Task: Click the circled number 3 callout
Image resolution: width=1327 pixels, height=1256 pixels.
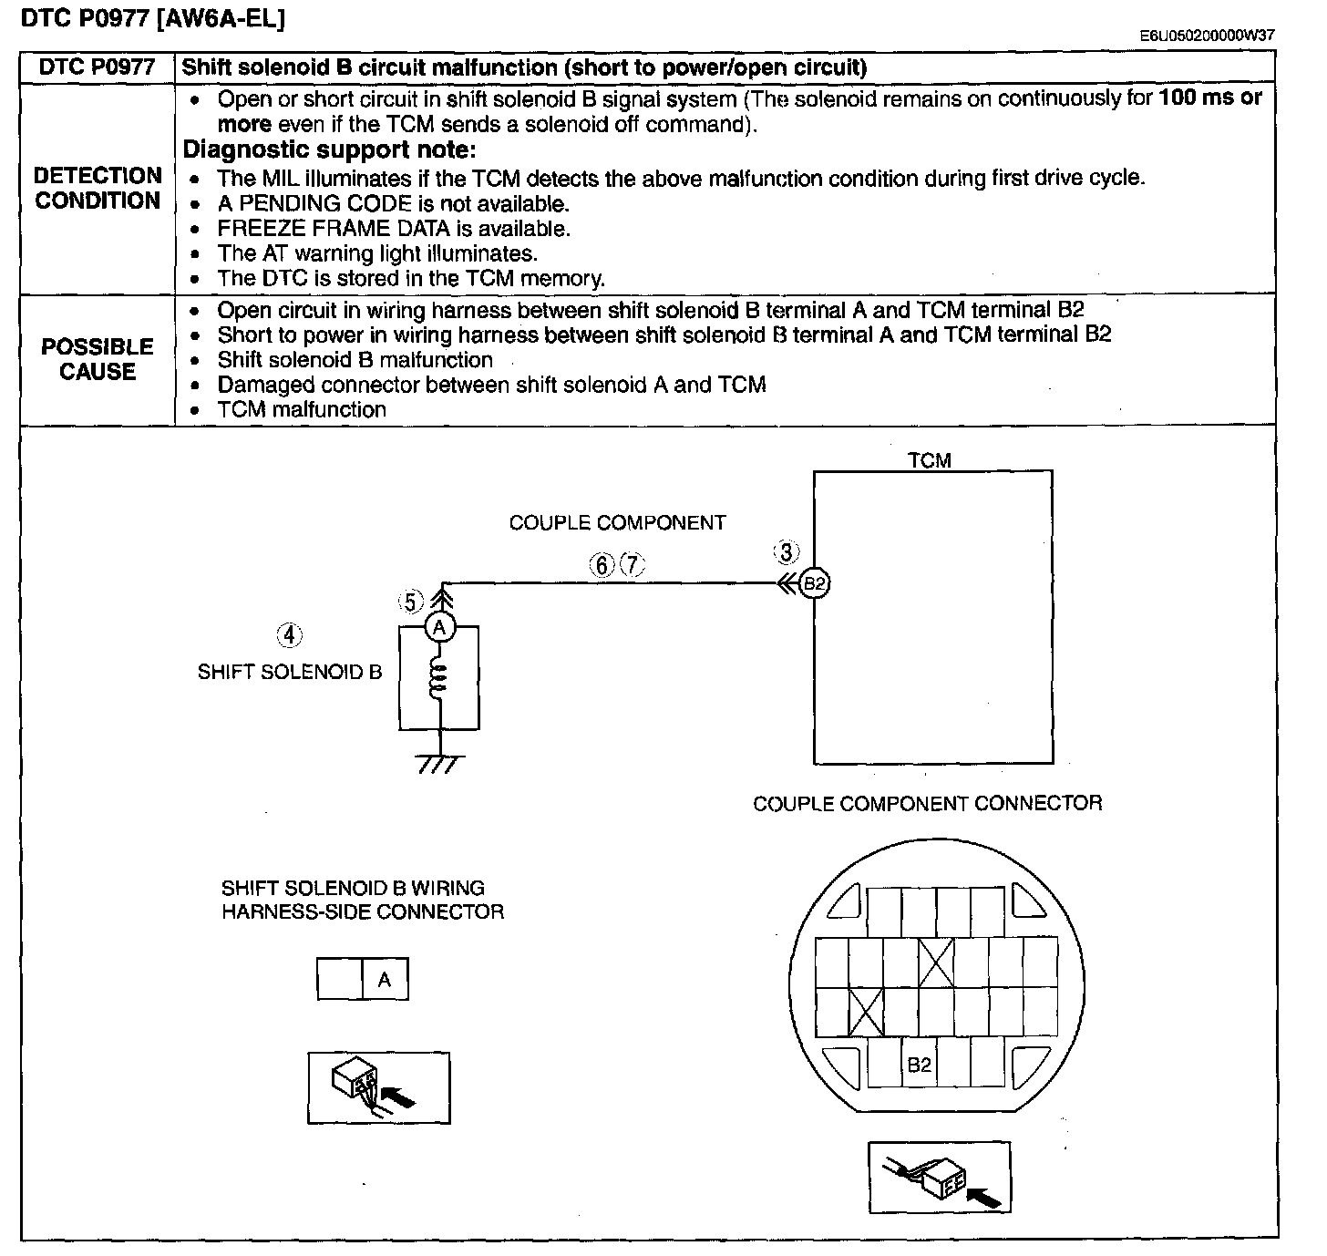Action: pos(787,552)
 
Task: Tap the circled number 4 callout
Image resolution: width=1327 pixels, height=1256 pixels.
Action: pos(290,634)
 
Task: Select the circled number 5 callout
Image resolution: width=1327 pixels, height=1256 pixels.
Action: pos(410,601)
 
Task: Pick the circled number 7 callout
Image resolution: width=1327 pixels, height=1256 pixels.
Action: pos(633,564)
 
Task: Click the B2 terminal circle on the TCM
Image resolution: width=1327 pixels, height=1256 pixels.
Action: pos(815,582)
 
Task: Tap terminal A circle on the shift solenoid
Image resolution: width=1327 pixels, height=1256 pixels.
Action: pos(440,628)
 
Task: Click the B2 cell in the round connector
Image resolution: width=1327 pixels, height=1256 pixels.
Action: pos(919,1065)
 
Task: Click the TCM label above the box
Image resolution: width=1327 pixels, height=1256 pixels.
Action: pos(930,460)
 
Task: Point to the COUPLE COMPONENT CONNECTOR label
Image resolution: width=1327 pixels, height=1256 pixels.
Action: pos(928,803)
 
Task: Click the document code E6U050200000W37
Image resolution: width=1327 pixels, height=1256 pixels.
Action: pos(1207,36)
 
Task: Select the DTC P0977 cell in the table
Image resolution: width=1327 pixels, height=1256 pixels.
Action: pos(98,67)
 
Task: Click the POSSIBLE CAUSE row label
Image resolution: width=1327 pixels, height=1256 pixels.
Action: pos(98,358)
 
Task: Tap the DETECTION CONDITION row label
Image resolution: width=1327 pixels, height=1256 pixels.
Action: pos(98,188)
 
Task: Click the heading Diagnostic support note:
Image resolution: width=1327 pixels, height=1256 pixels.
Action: pos(329,149)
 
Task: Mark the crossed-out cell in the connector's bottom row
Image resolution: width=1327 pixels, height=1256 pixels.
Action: pos(866,1012)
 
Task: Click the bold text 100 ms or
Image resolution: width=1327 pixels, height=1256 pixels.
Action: pos(1210,98)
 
